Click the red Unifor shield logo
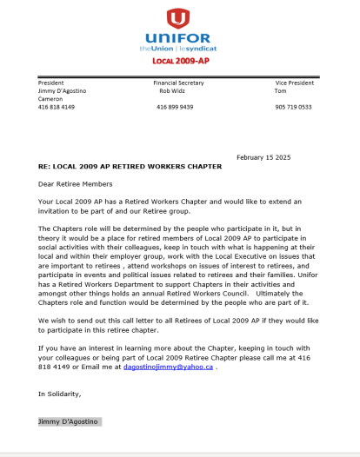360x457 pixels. point(178,18)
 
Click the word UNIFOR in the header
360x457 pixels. point(178,39)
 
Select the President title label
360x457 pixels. point(51,82)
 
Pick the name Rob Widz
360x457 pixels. point(171,89)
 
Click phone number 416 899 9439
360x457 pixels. point(175,107)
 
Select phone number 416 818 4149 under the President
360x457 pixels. point(57,107)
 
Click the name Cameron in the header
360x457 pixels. point(51,98)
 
